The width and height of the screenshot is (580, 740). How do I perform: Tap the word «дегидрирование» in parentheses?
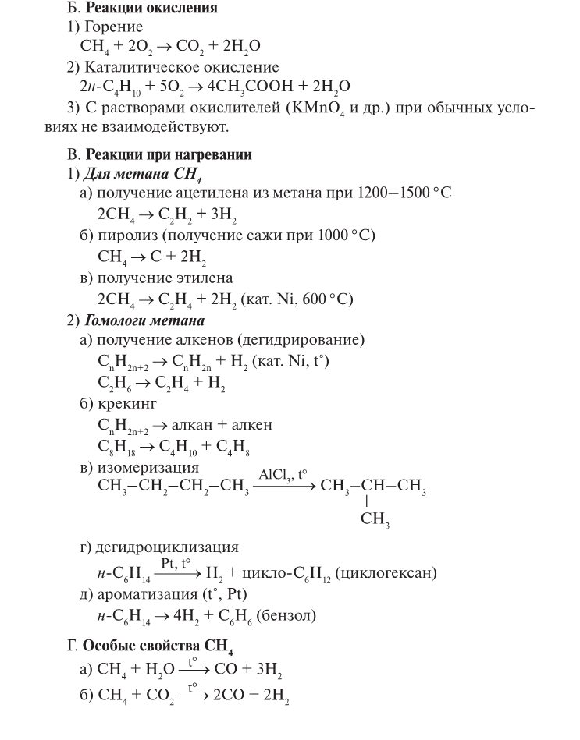pos(308,341)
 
